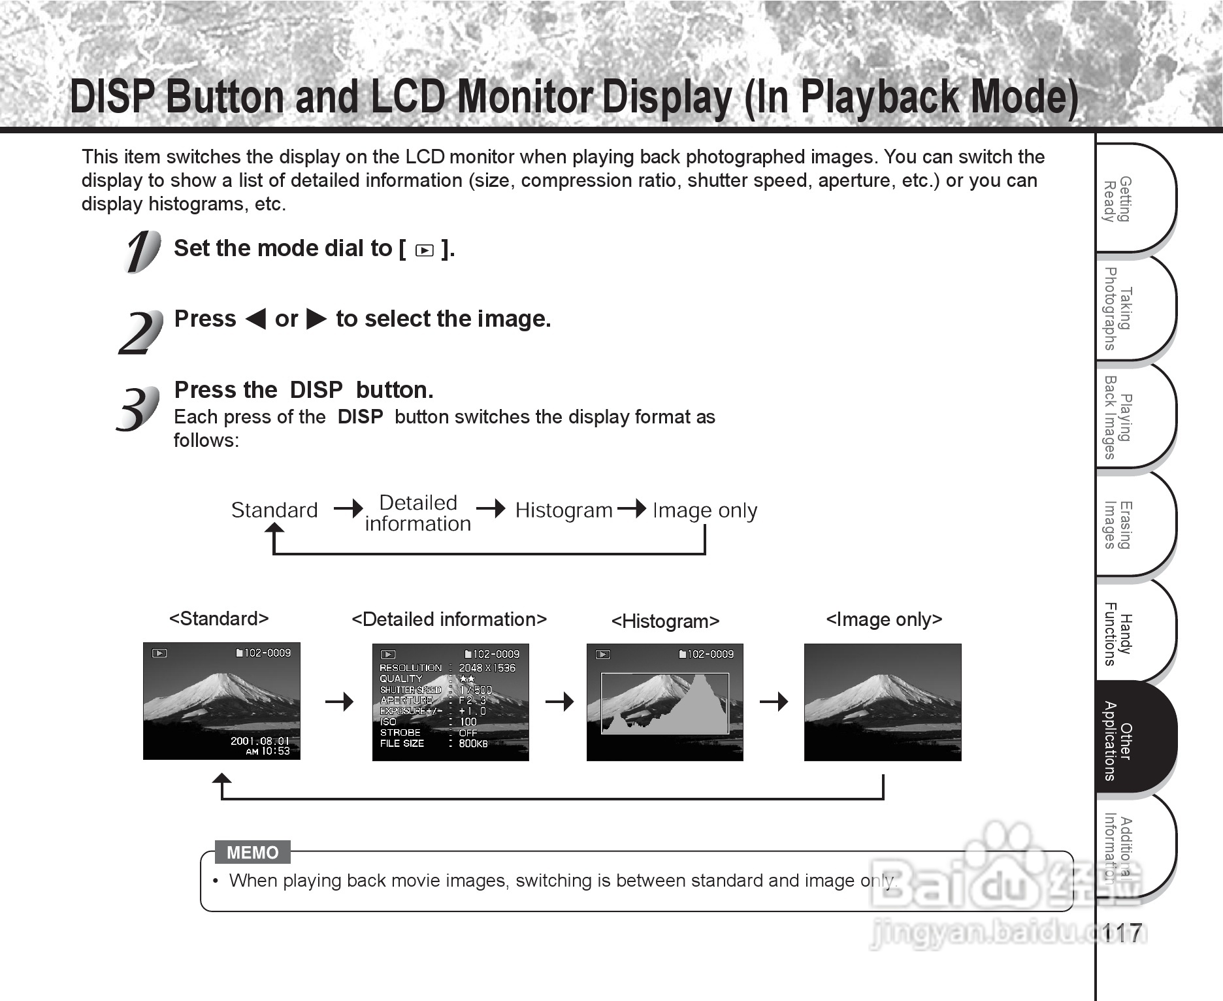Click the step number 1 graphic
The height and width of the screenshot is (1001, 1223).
click(141, 251)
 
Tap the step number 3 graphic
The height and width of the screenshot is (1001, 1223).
click(138, 408)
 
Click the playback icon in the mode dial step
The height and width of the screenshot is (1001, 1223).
click(424, 250)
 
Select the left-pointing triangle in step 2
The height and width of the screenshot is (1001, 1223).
click(255, 319)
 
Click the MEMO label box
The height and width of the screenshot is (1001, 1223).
click(252, 852)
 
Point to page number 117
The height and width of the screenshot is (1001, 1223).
click(1122, 933)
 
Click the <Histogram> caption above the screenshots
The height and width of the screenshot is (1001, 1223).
click(665, 621)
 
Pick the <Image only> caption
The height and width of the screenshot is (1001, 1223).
click(884, 619)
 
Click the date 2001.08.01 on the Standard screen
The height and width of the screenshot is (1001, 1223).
click(259, 740)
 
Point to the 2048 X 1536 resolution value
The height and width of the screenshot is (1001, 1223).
click(487, 668)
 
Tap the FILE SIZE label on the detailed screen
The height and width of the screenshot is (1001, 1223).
click(402, 744)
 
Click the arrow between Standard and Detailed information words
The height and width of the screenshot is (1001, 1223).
click(348, 508)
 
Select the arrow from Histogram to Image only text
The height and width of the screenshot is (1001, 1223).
click(631, 508)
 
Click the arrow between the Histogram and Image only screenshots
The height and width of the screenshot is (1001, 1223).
click(774, 702)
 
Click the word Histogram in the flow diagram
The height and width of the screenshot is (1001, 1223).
click(564, 510)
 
